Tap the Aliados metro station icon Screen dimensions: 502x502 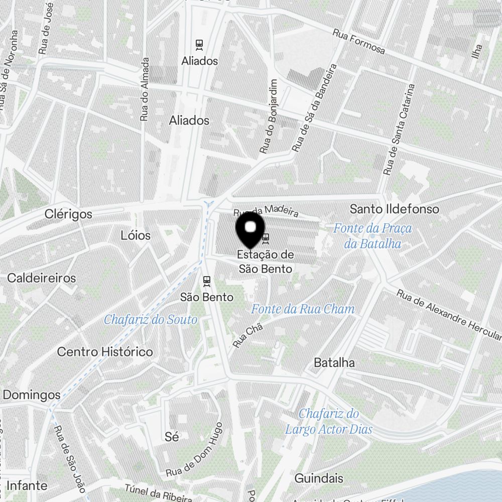[x=200, y=45]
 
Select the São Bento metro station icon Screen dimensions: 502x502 [x=206, y=281]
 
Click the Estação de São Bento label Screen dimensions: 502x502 [x=265, y=262]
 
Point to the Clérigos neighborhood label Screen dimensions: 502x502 [x=68, y=214]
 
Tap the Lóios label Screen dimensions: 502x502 [x=136, y=235]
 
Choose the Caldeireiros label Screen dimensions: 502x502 [x=42, y=278]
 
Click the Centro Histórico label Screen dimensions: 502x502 [x=105, y=351]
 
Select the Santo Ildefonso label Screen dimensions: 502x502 [x=394, y=209]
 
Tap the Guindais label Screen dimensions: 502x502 [x=319, y=478]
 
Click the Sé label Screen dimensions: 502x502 [x=172, y=437]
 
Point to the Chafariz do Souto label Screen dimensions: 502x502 [x=151, y=319]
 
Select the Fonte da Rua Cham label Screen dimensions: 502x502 [x=303, y=309]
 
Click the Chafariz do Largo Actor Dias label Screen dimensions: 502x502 [x=329, y=422]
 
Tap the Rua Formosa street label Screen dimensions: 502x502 [x=359, y=41]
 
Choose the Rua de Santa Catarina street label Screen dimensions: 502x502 [x=400, y=129]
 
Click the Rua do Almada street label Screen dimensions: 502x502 [x=145, y=89]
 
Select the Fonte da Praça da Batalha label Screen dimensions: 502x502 [x=372, y=236]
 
